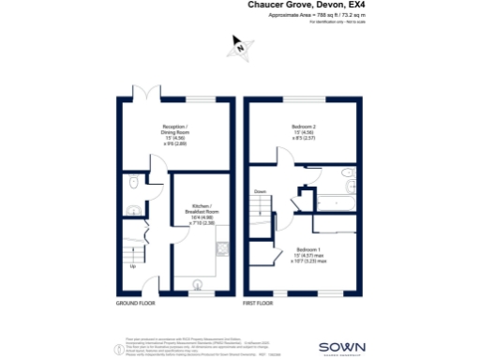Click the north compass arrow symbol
[241, 45]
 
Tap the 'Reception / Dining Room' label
[175, 132]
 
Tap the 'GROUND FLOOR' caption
[134, 304]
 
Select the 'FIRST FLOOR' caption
[257, 304]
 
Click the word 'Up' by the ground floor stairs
[132, 267]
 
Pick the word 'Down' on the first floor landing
[260, 192]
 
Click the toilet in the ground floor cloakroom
[135, 184]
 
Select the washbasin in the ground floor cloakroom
[134, 210]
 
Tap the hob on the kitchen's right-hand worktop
[221, 249]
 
